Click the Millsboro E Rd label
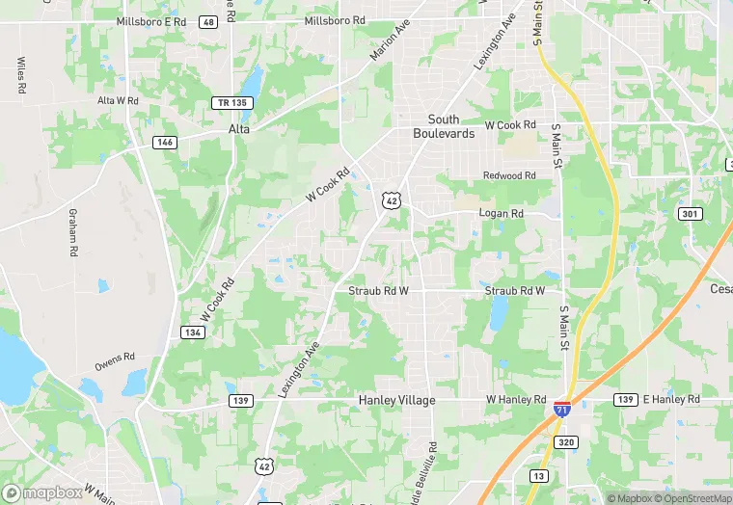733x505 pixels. click(150, 21)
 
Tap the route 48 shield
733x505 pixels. click(208, 21)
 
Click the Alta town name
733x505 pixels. click(239, 127)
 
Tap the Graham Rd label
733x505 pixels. click(73, 232)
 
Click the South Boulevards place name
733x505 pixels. click(444, 126)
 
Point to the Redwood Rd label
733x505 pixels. click(509, 175)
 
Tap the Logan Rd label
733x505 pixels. click(502, 213)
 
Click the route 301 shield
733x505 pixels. click(689, 213)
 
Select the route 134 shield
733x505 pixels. click(192, 332)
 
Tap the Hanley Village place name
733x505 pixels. click(396, 400)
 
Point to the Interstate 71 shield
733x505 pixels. click(561, 409)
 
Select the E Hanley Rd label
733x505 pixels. click(671, 399)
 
